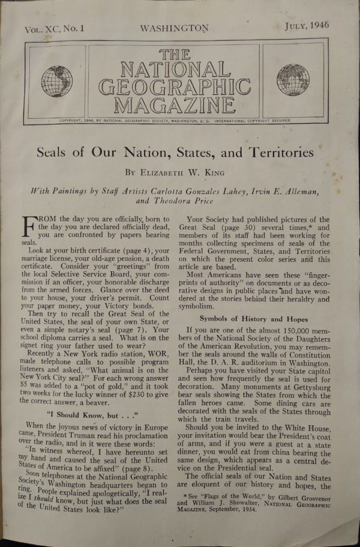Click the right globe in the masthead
(x=293, y=80)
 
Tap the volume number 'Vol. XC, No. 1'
(x=55, y=29)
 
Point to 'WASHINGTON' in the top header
(x=174, y=28)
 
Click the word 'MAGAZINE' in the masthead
(x=174, y=106)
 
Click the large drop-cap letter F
(x=30, y=231)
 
